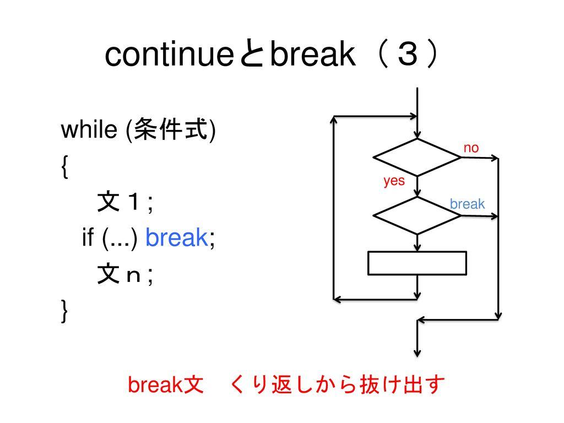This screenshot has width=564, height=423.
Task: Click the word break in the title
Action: pos(312,56)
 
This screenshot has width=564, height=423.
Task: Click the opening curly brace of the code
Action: pos(65,166)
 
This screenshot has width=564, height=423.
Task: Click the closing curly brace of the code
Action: pos(65,312)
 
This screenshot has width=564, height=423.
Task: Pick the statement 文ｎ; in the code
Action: pos(125,275)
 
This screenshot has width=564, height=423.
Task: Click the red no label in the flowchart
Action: pos(471,147)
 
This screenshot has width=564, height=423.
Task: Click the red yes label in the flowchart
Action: pos(394,181)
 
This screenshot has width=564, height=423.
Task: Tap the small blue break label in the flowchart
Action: pos(467,204)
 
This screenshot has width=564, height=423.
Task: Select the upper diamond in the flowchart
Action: pos(417,158)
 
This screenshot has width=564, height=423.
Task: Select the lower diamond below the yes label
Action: pos(417,215)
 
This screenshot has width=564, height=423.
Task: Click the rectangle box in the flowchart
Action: pos(417,263)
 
